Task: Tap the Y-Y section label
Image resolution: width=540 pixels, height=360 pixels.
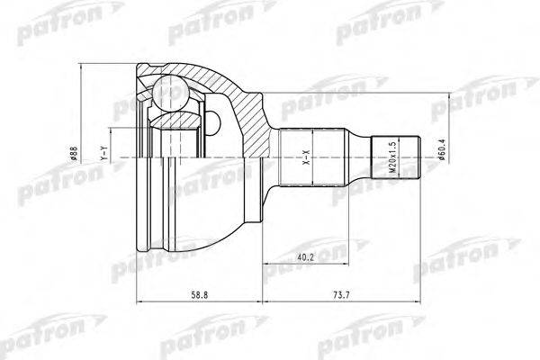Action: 105,156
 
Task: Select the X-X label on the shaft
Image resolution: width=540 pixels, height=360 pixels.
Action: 305,156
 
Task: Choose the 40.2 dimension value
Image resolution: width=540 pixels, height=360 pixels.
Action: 307,257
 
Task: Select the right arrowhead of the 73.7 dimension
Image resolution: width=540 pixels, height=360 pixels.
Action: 420,299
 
